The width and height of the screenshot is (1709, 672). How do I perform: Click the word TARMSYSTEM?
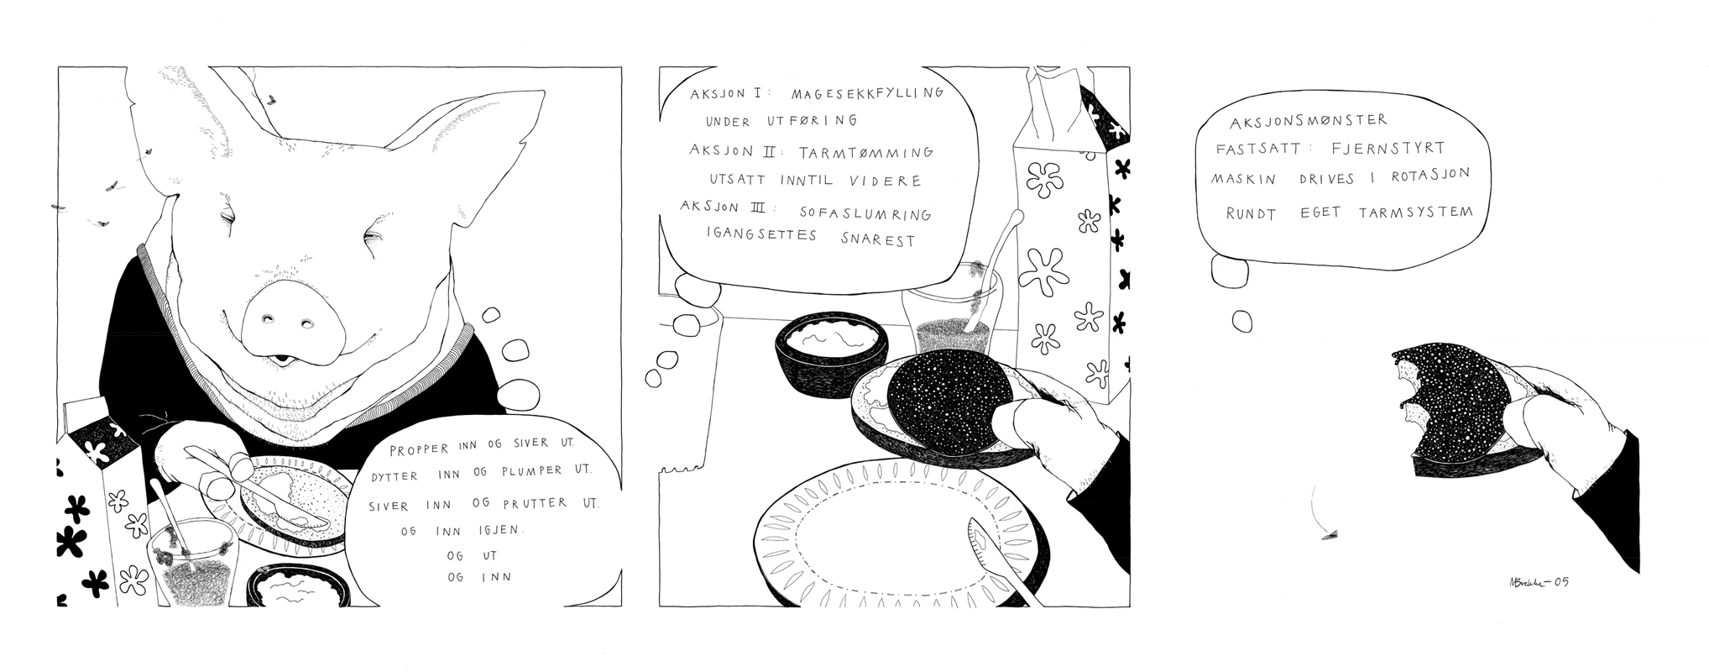[1415, 212]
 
